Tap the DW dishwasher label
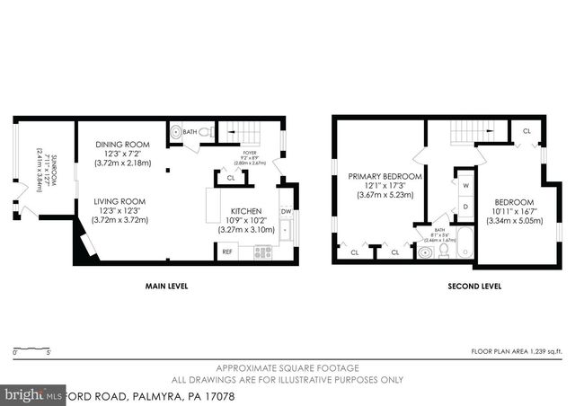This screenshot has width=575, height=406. pos(286,212)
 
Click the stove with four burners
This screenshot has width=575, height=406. pos(262,252)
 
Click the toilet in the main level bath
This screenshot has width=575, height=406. pos(205,133)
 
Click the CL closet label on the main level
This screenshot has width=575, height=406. pos(230,178)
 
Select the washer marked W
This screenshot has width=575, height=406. pos(464,186)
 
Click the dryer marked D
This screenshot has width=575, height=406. pos(464,206)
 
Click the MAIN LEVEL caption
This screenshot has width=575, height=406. pos(166,287)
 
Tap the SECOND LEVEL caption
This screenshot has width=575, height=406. pos(474,287)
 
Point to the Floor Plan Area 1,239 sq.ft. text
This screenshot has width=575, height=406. pos(518,351)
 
